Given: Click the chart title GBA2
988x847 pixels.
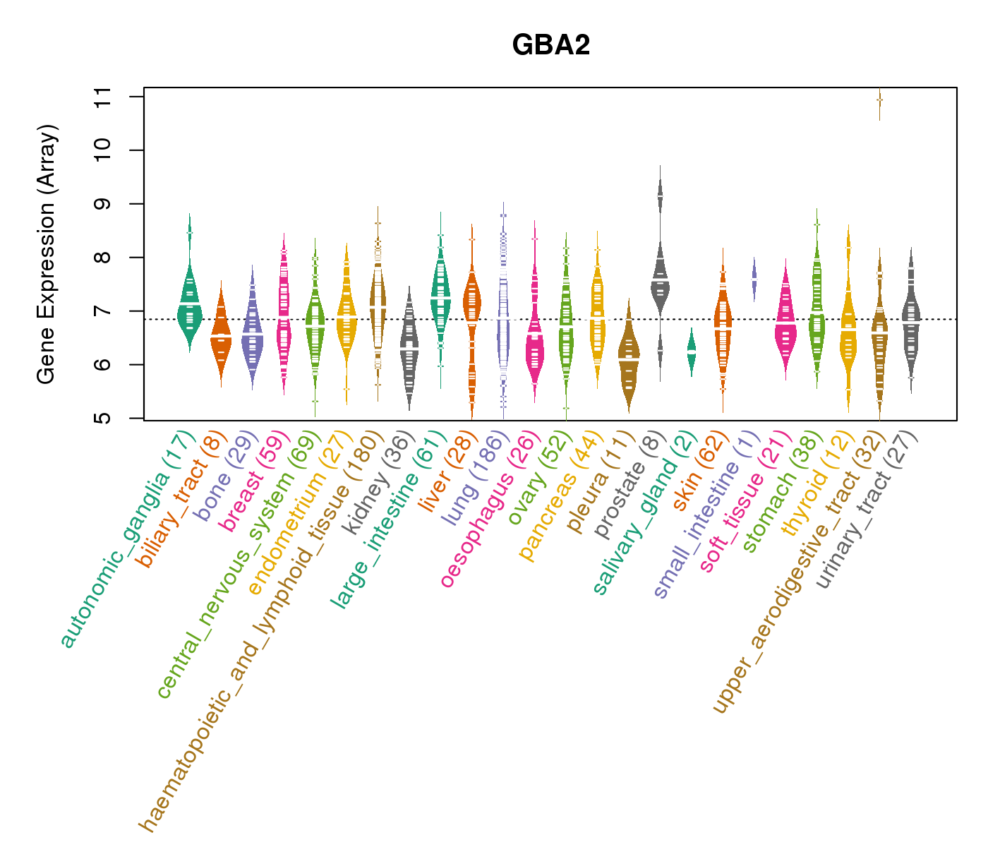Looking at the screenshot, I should (x=550, y=45).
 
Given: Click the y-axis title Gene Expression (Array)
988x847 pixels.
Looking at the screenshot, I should (x=47, y=254).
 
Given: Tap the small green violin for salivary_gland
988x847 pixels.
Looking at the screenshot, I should (x=692, y=352).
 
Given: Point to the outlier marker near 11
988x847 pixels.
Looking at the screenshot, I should (x=879, y=100).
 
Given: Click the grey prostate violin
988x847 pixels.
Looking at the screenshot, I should (x=661, y=282).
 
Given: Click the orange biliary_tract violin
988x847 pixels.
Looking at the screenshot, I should (x=221, y=339).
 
